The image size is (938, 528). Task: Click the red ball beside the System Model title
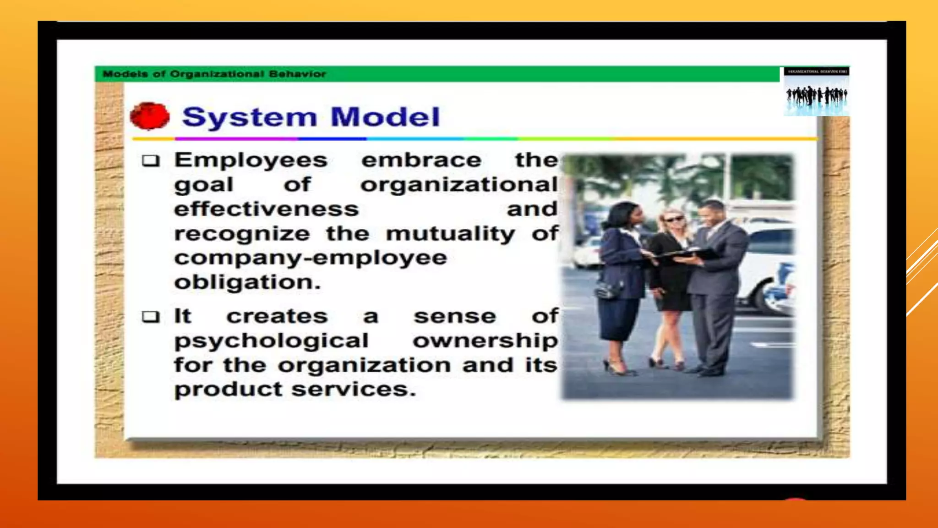click(150, 116)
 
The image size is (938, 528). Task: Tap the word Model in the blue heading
click(385, 117)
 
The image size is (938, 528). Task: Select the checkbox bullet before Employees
click(151, 160)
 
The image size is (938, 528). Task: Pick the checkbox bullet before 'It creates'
click(151, 317)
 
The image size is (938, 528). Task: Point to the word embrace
click(421, 160)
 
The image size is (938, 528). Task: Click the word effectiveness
click(267, 209)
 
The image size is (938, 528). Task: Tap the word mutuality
click(451, 234)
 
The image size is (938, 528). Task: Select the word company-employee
click(311, 258)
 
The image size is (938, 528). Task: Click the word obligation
click(247, 282)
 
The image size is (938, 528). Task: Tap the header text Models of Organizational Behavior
click(214, 74)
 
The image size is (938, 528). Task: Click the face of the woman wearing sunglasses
click(673, 220)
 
